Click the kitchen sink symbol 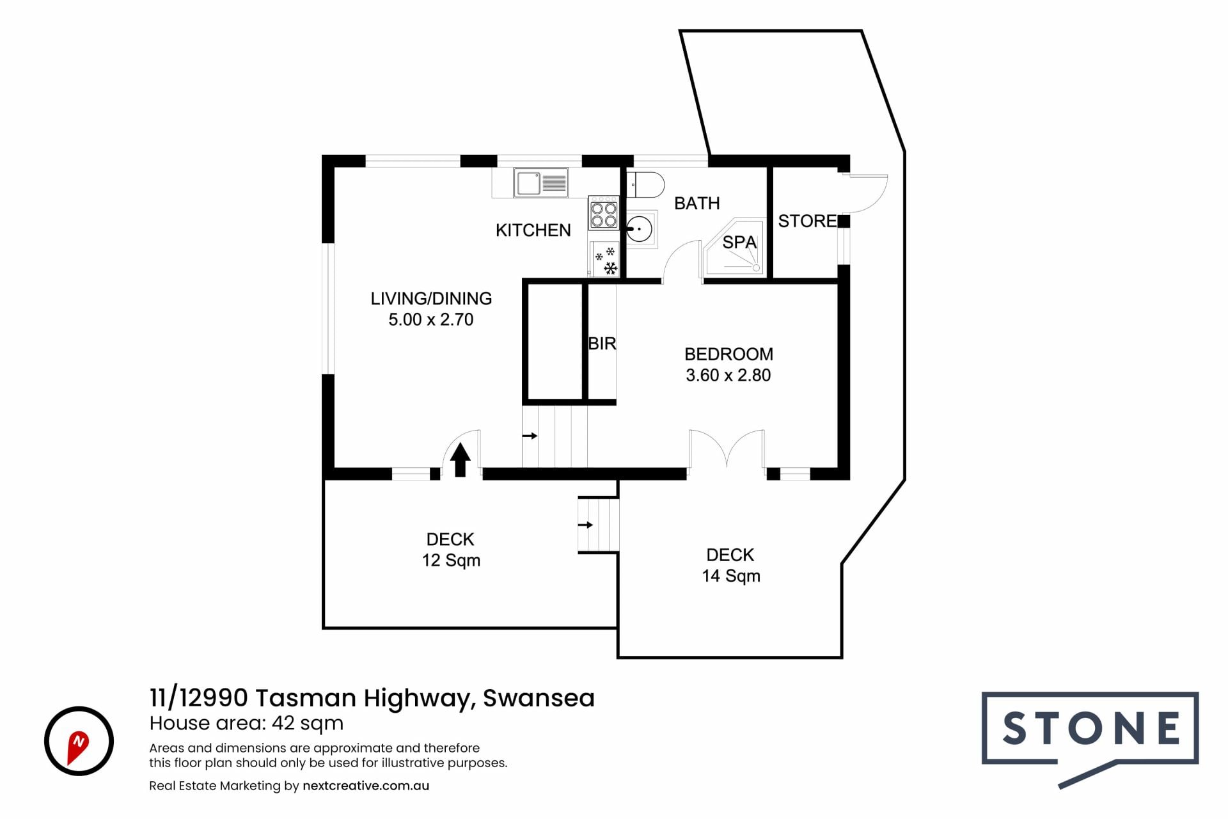(540, 183)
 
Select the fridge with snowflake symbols (604, 259)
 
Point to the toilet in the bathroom (645, 185)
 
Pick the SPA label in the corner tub (739, 243)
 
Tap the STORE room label (807, 221)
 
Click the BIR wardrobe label (602, 344)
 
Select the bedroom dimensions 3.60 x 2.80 (728, 376)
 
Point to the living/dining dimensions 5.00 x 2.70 (431, 320)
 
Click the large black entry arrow (460, 460)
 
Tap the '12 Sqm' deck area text (451, 561)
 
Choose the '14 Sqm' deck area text (731, 576)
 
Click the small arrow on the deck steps (586, 525)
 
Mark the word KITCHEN (533, 230)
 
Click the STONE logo (1090, 740)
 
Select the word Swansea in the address (539, 698)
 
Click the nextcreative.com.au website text (366, 786)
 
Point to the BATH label (697, 203)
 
